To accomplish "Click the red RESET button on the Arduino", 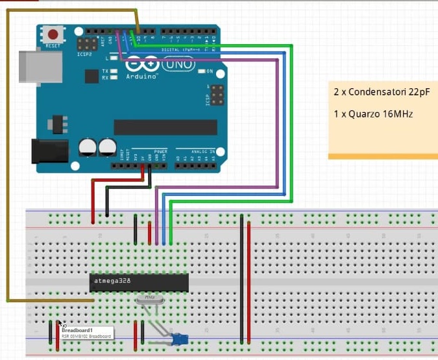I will point(53,34).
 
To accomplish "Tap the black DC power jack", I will point(49,150).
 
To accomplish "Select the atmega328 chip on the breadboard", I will point(139,282).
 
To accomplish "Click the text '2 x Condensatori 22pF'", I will point(382,93).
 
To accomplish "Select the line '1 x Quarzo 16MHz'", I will point(373,114).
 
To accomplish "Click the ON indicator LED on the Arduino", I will point(202,71).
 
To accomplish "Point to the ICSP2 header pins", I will point(84,45).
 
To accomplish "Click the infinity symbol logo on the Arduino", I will point(142,65).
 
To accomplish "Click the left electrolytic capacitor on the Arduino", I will point(88,147).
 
